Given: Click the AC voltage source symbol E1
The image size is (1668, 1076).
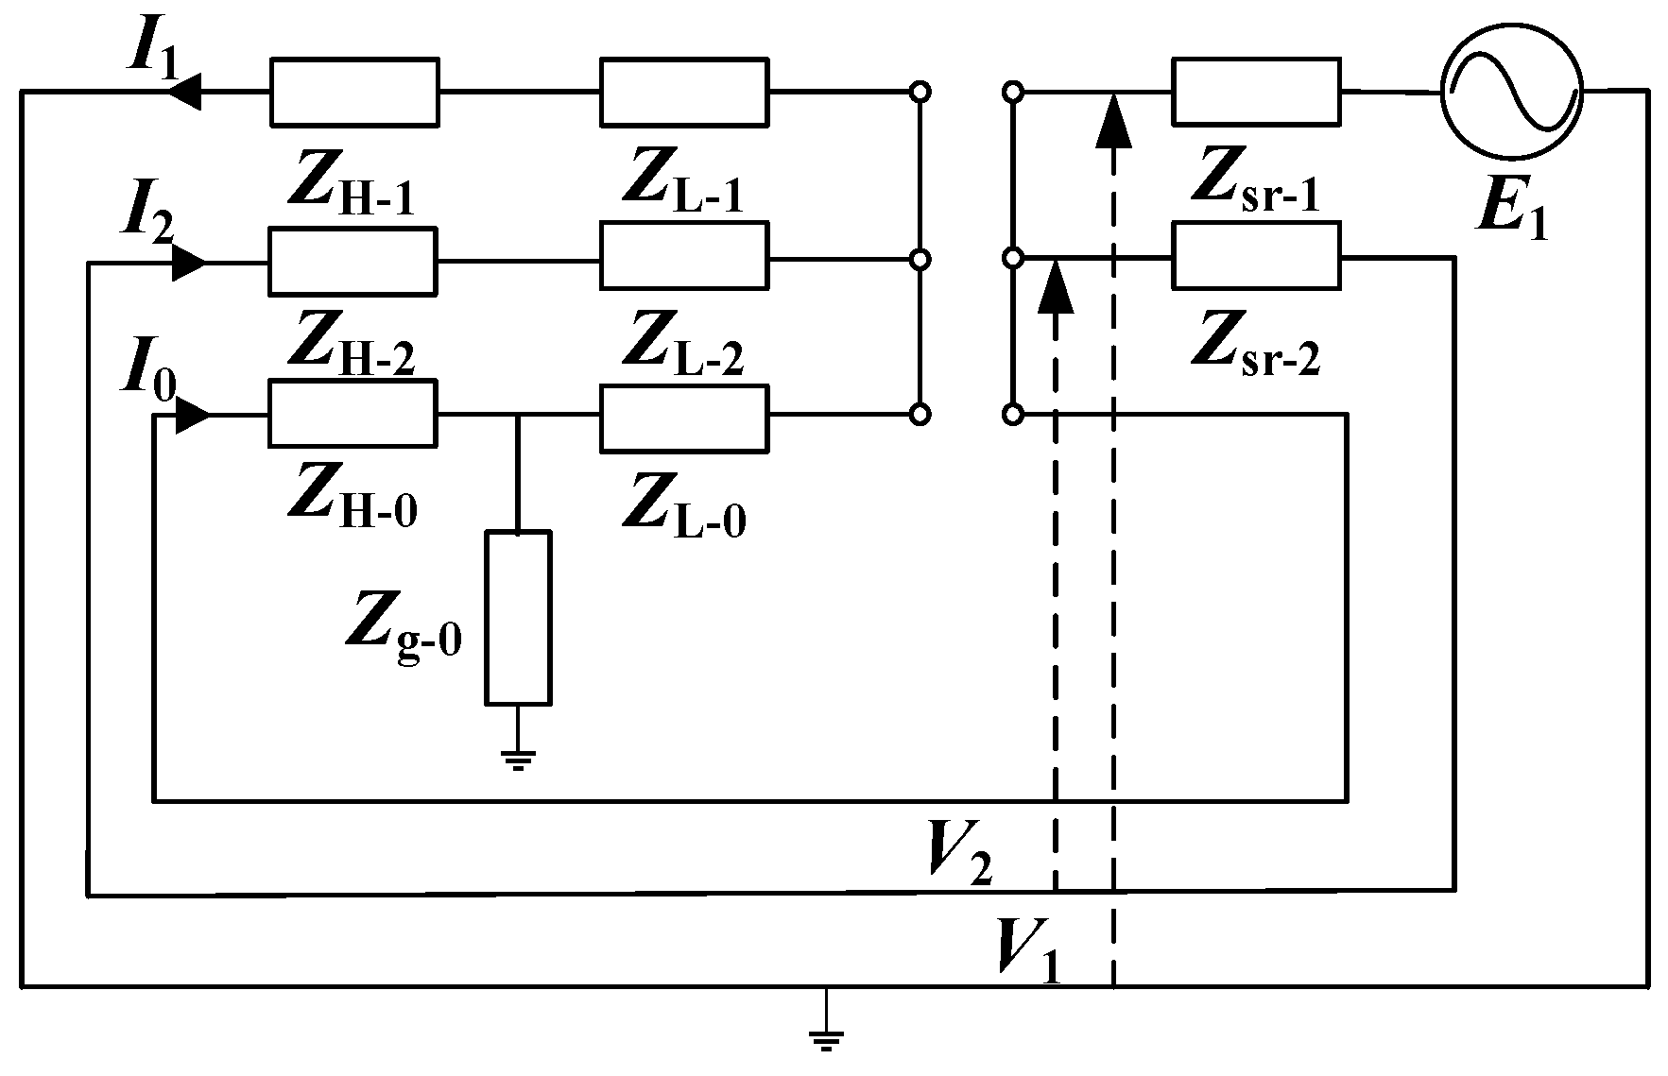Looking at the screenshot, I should (x=1510, y=91).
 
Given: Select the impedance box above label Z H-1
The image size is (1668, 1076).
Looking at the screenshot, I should (x=354, y=92).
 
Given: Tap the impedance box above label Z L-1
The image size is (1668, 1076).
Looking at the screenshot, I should (x=684, y=92).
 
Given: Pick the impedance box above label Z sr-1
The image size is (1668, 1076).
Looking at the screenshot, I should (x=1256, y=91).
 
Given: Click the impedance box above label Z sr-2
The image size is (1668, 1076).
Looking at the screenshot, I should (x=1256, y=255).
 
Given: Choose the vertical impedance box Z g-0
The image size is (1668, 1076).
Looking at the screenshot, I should (x=518, y=618).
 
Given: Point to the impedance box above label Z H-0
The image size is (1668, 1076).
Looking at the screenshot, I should (x=353, y=413).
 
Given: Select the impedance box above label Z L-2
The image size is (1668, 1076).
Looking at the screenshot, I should (x=684, y=256).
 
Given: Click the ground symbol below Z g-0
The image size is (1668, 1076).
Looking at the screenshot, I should (x=518, y=759).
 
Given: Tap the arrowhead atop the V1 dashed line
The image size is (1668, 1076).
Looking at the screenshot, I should (x=1114, y=123).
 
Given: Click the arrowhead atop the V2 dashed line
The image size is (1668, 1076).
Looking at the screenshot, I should (x=1056, y=288).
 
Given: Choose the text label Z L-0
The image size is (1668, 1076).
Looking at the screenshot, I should (x=683, y=508).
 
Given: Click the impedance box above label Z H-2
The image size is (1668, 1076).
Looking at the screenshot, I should (x=353, y=260).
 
